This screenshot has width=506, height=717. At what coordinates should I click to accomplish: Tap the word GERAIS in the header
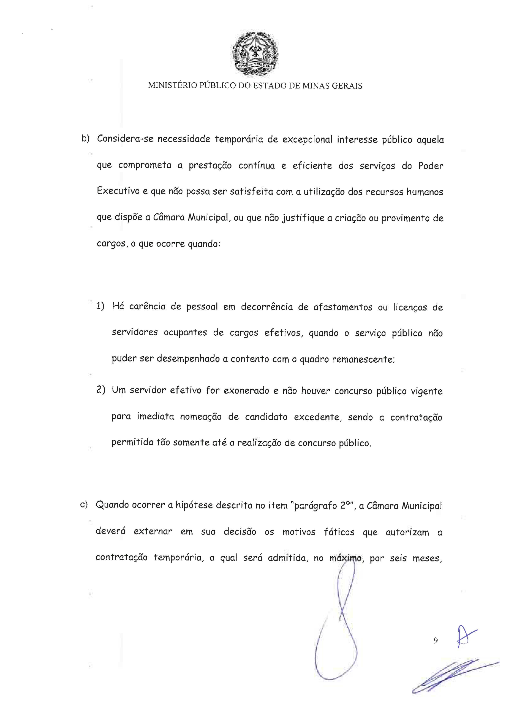[347, 86]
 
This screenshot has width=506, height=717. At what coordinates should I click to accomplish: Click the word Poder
[431, 166]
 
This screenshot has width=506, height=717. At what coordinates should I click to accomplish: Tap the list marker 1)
[100, 306]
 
